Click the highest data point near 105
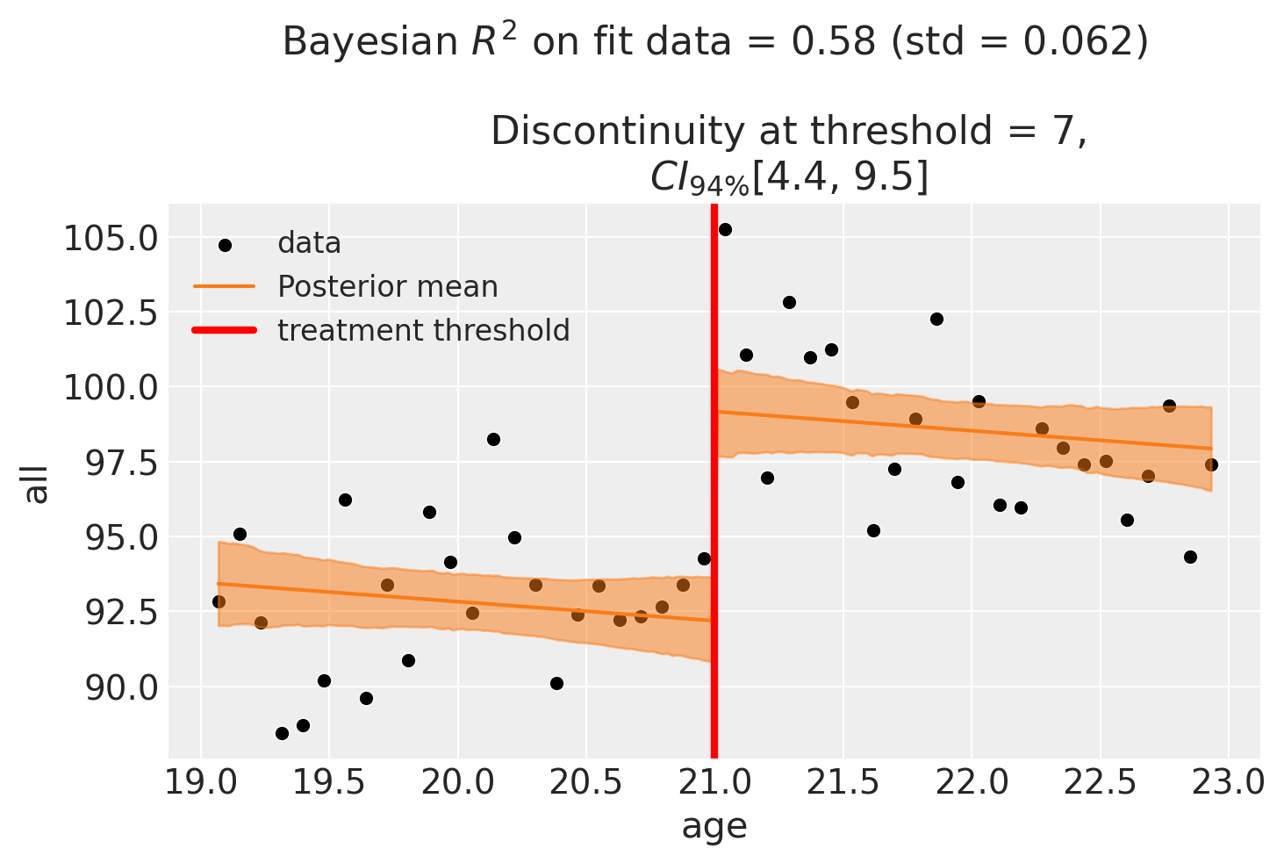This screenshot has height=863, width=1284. pos(725,229)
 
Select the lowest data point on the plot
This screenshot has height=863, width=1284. pos(282,733)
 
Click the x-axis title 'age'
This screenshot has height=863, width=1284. pos(714,826)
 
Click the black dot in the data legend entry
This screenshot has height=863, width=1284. pos(225,244)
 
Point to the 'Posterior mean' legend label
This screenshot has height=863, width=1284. pos(387,287)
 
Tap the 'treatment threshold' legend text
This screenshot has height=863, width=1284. pos(423,330)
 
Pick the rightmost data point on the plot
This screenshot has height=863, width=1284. pos(1211,464)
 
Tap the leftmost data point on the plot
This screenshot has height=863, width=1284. pos(219,601)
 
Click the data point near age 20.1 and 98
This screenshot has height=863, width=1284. pos(493,439)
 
